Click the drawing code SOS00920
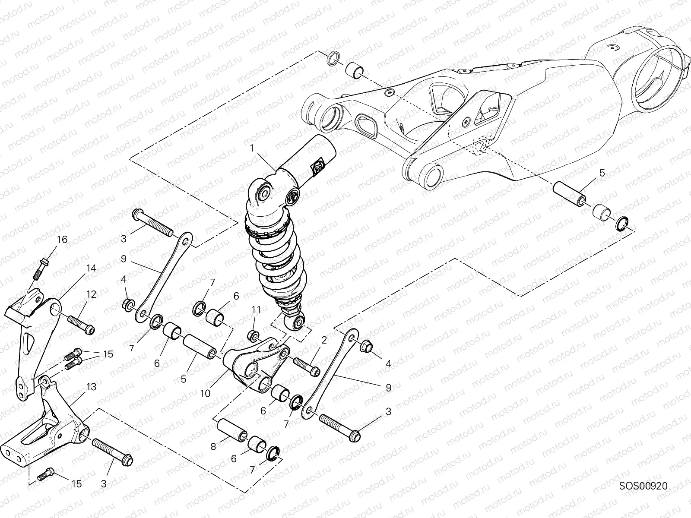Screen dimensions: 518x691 [x=643, y=486]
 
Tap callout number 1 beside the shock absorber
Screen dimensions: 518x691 [x=251, y=148]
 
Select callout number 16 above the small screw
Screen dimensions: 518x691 [x=62, y=240]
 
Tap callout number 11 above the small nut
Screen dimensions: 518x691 [x=257, y=310]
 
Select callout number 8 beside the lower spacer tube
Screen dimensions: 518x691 [x=213, y=447]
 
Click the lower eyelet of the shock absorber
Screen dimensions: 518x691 [x=299, y=321]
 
